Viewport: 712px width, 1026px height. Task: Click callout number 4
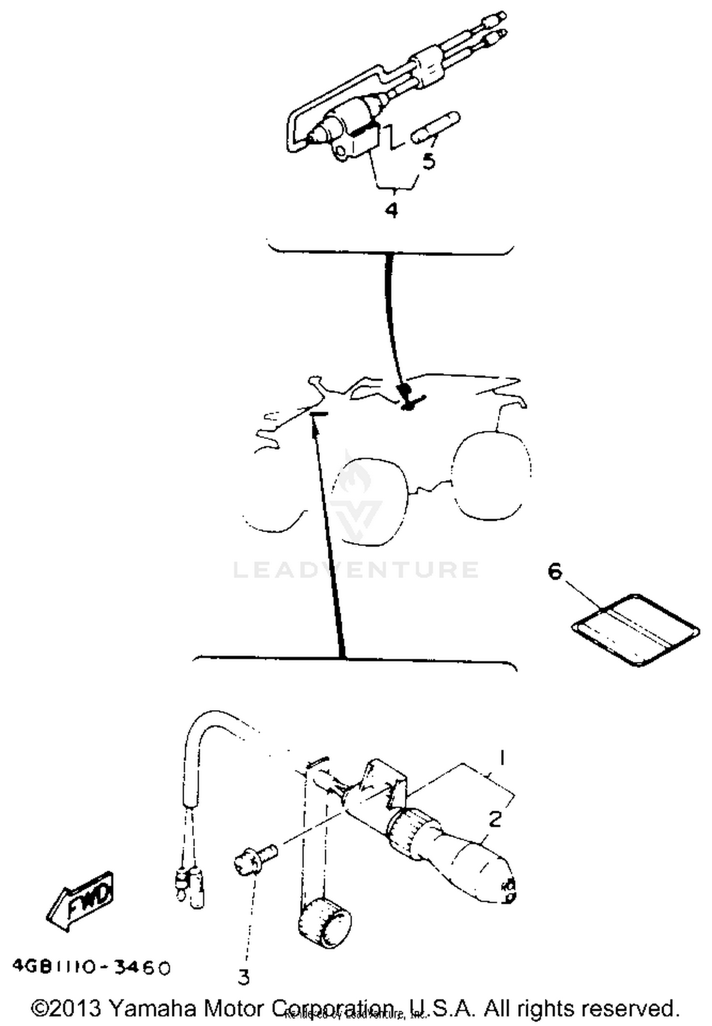pyautogui.click(x=391, y=209)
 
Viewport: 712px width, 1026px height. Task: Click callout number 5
pyautogui.click(x=429, y=161)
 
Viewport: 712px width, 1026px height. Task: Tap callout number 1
pyautogui.click(x=501, y=758)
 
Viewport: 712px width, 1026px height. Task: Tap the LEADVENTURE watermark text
pyautogui.click(x=356, y=570)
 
